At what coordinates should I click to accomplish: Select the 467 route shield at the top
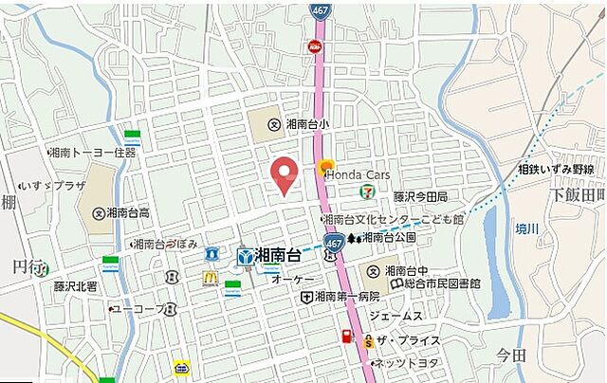pyautogui.click(x=321, y=10)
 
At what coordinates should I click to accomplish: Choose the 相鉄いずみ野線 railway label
pyautogui.click(x=556, y=169)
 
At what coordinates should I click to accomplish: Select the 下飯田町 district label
pyautogui.click(x=578, y=194)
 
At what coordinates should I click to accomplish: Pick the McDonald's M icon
pyautogui.click(x=210, y=278)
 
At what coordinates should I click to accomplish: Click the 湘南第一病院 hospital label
pyautogui.click(x=352, y=297)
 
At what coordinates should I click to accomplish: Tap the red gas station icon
pyautogui.click(x=347, y=337)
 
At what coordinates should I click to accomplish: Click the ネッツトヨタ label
pyautogui.click(x=406, y=364)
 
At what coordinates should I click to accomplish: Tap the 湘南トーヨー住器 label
pyautogui.click(x=94, y=152)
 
